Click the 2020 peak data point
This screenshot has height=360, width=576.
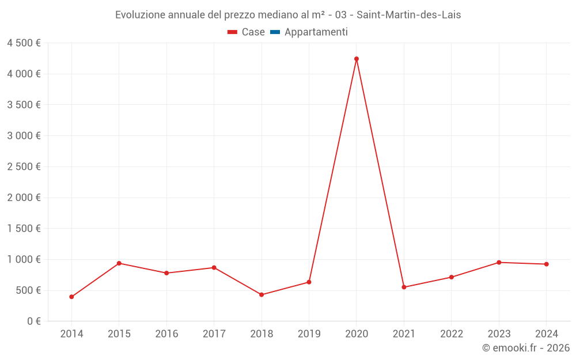click(x=357, y=59)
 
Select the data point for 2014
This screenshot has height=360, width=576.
click(x=71, y=297)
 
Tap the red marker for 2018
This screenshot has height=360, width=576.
click(x=262, y=294)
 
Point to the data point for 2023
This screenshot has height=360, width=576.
click(x=499, y=262)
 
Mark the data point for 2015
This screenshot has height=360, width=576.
click(x=119, y=263)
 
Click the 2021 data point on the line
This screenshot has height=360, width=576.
click(x=404, y=287)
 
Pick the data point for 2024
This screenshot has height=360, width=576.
click(x=546, y=264)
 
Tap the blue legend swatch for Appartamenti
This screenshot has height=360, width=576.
click(x=275, y=32)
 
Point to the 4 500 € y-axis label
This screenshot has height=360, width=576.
click(x=24, y=43)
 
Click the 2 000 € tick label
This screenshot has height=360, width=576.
click(x=24, y=198)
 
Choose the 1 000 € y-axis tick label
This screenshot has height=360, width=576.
click(x=24, y=259)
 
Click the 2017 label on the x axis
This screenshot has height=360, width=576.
click(x=214, y=334)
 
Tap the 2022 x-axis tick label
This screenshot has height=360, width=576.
click(x=451, y=334)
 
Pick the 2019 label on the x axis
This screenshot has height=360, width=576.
click(x=309, y=334)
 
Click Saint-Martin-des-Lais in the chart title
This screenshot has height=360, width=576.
click(x=408, y=14)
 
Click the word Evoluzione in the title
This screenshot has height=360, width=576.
click(x=140, y=14)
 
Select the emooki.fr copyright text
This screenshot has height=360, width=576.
click(x=526, y=348)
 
